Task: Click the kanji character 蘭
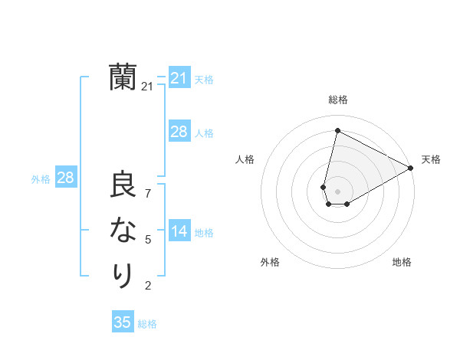coord(123,77)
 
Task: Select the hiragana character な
coord(123,230)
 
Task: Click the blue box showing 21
coord(179,78)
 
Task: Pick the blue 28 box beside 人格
coord(179,132)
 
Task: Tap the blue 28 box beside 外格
coord(65,178)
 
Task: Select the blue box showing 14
coord(179,231)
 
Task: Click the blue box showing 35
coord(123,322)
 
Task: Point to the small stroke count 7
coord(148,193)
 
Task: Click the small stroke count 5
coord(148,240)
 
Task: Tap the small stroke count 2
coord(148,286)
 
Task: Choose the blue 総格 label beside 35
coord(147,324)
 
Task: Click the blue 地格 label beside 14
coord(204,233)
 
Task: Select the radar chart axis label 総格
coord(337,100)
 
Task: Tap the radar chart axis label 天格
coord(431,159)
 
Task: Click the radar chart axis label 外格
coord(269,262)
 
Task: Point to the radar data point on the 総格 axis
coord(337,130)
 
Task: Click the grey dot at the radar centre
coord(337,191)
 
